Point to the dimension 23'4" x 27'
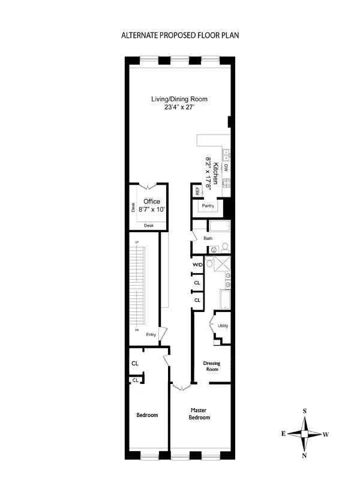[179, 107]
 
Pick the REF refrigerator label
[196, 191]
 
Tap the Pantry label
[208, 206]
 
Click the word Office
[152, 202]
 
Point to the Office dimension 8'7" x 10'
[151, 210]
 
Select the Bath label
[208, 238]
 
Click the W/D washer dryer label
[196, 265]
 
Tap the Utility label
[223, 326]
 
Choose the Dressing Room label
[211, 366]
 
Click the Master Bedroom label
[199, 413]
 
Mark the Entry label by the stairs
[151, 335]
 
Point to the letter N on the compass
[305, 455]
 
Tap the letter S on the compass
[305, 410]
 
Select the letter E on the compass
[283, 433]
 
